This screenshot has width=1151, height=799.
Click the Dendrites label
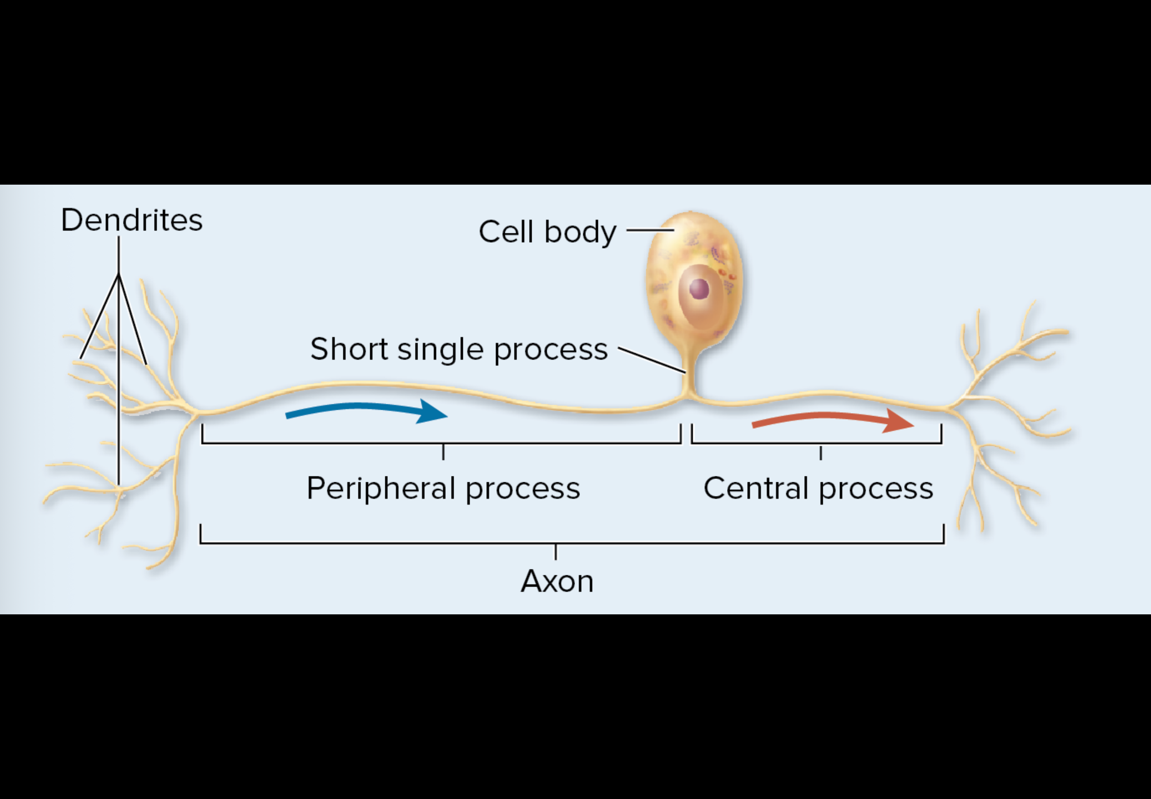[x=132, y=220]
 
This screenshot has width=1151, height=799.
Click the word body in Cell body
[x=580, y=233]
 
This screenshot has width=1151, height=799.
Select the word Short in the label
[x=349, y=349]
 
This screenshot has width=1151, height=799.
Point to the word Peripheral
[x=380, y=488]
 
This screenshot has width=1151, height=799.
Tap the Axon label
[x=557, y=581]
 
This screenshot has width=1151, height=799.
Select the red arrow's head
[x=899, y=421]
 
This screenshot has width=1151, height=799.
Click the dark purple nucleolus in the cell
[x=699, y=289]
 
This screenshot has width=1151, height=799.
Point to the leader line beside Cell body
[x=650, y=230]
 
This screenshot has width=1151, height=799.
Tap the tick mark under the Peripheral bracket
[x=443, y=452]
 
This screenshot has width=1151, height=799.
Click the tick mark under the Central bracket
[x=821, y=453]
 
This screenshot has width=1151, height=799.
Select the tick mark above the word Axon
[x=556, y=552]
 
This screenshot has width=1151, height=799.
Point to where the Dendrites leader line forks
[x=119, y=274]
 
